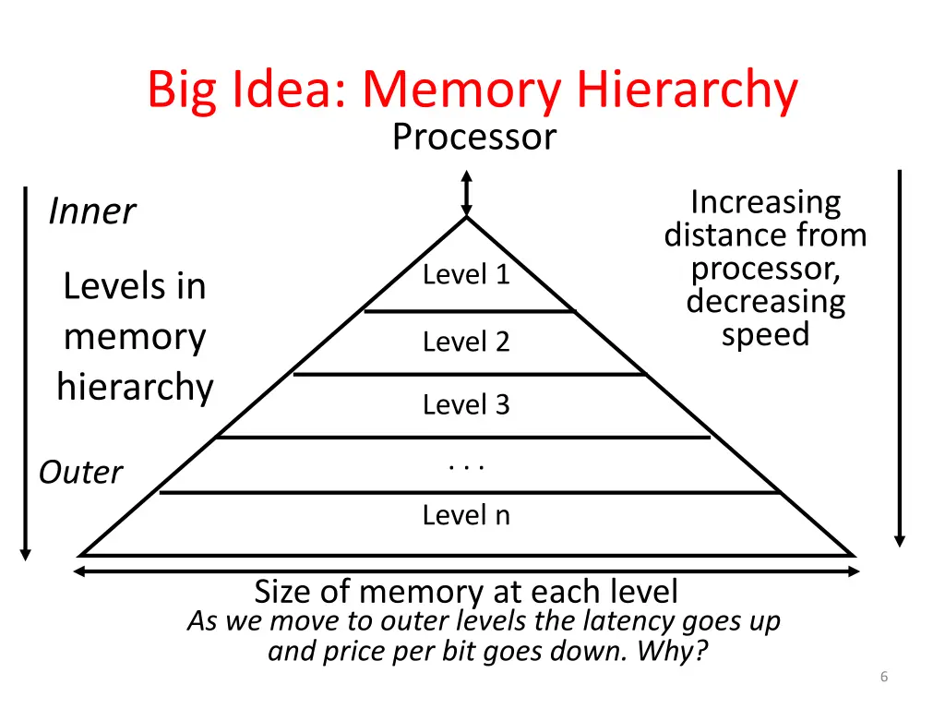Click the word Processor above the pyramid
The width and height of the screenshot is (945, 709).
tap(473, 138)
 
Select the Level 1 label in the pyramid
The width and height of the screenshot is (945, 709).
tap(466, 275)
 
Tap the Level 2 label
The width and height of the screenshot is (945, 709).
tap(466, 342)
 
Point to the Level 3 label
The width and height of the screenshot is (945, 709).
tap(466, 404)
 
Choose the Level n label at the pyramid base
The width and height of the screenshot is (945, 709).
tap(466, 515)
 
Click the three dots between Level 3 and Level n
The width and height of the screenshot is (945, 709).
tap(466, 467)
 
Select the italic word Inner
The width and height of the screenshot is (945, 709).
tap(91, 211)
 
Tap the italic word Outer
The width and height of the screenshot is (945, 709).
tap(80, 473)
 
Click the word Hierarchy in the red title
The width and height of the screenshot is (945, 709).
tap(687, 90)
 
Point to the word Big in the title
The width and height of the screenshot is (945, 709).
tap(181, 90)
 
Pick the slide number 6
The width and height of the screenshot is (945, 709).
tap(884, 678)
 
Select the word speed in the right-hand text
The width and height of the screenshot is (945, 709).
tap(765, 334)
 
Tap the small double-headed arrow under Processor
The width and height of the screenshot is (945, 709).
tap(467, 193)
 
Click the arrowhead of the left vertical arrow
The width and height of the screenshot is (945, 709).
tap(26, 553)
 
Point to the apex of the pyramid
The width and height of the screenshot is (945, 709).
tap(467, 218)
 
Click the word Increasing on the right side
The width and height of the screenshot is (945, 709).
tap(765, 202)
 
